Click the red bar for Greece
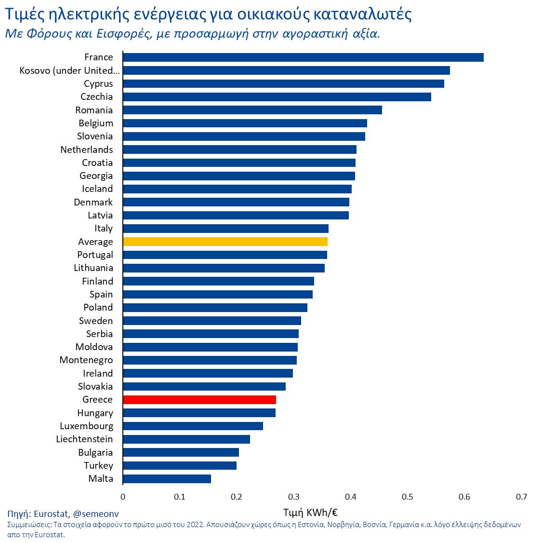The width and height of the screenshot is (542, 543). (x=199, y=399)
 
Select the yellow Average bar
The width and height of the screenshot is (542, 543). (x=225, y=242)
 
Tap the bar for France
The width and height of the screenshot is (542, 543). (x=303, y=57)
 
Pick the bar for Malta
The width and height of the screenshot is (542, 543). (x=167, y=478)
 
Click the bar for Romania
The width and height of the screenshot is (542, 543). (x=252, y=110)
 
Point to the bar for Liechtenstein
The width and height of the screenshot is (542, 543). (x=186, y=439)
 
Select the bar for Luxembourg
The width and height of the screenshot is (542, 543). (x=193, y=426)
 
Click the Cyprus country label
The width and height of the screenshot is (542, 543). (x=98, y=83)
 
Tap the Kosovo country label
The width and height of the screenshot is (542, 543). (x=69, y=70)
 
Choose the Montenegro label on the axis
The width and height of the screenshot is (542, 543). (x=86, y=360)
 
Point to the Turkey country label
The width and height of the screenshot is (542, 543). (x=98, y=465)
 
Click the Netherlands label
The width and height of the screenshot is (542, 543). (x=87, y=149)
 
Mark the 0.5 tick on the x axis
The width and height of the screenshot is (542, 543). (x=408, y=497)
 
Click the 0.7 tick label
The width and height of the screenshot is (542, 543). (x=521, y=497)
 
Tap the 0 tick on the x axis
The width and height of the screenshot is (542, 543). (x=123, y=497)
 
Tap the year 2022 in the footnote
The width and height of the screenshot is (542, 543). (x=196, y=524)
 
